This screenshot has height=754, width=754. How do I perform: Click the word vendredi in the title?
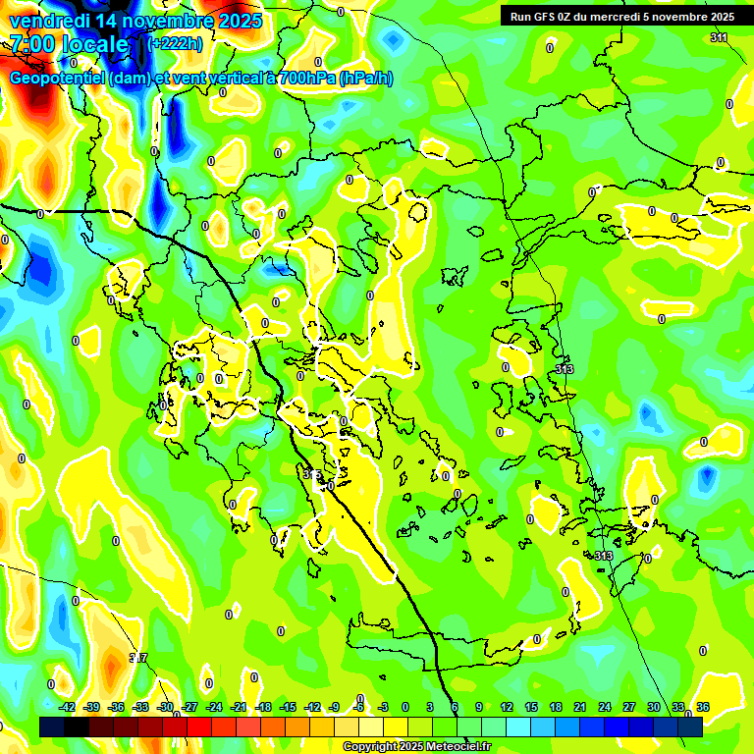(47, 21)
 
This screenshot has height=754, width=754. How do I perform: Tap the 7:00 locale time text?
(69, 44)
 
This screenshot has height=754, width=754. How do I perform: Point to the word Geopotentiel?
(58, 79)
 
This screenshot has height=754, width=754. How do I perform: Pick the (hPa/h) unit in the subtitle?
(365, 79)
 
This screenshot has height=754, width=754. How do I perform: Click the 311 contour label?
(719, 37)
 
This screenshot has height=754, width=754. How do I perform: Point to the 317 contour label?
(138, 658)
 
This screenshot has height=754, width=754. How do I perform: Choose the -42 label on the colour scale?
(67, 707)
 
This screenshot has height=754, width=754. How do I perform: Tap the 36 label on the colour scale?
(703, 707)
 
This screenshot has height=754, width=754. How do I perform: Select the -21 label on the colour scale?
(239, 707)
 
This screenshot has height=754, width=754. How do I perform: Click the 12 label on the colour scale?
(507, 707)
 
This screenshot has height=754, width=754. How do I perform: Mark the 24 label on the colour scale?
(605, 707)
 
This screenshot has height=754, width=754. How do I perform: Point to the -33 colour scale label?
(140, 707)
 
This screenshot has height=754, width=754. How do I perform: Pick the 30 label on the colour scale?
(654, 707)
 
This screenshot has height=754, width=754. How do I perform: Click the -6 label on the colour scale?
(359, 707)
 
